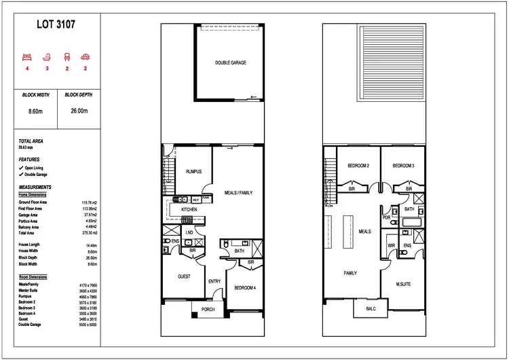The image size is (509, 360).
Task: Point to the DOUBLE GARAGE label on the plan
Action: tap(231, 62)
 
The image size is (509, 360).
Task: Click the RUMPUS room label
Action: tap(194, 172)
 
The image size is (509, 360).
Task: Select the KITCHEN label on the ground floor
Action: tap(189, 210)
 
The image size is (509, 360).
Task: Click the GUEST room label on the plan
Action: tap(184, 276)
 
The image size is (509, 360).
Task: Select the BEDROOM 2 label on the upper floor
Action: tap(358, 166)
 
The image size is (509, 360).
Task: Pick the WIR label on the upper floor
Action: tap(391, 245)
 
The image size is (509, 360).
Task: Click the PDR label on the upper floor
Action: tap(387, 217)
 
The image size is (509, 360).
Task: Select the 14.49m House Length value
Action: tap(90, 245)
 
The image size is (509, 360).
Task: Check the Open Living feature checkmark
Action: tap(21, 167)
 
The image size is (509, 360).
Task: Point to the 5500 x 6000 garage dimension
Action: tap(89, 325)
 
